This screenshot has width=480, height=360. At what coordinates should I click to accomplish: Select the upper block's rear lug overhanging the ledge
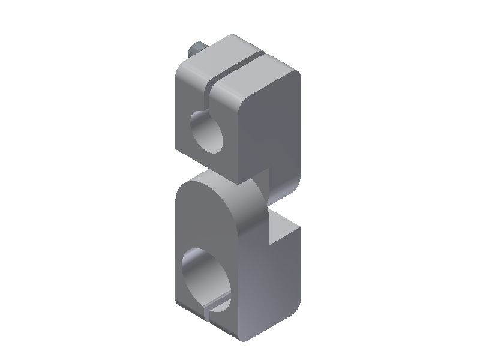point(282,186)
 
